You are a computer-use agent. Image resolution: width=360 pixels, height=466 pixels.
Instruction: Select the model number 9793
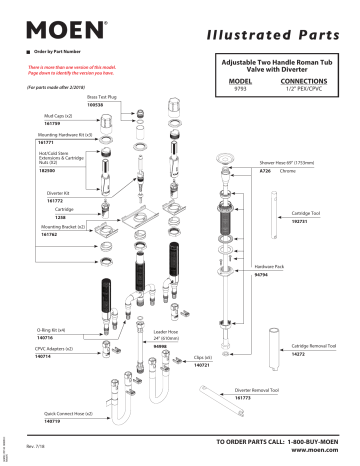pos(240,88)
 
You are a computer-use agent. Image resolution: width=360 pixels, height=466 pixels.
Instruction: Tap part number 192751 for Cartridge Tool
pos(301,221)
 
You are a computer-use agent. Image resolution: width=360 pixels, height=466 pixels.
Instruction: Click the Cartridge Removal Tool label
pos(312,345)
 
